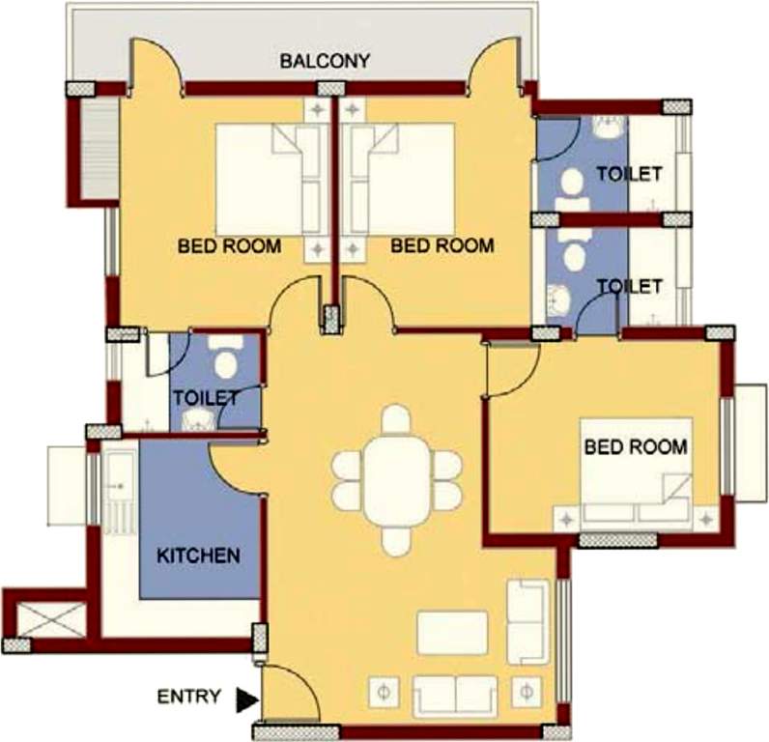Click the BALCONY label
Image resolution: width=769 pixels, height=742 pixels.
[325, 62]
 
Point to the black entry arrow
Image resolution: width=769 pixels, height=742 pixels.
[247, 699]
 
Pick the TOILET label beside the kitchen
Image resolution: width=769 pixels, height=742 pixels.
[206, 397]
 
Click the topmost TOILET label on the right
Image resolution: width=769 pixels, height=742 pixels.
[629, 174]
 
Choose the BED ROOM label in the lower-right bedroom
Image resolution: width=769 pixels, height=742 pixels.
[636, 447]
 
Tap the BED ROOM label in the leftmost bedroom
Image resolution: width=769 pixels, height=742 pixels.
[230, 245]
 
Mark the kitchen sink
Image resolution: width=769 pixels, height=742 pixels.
[119, 478]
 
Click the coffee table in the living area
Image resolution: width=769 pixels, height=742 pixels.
[452, 634]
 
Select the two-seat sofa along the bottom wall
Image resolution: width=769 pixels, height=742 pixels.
[455, 695]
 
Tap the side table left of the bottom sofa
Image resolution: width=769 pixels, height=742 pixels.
[384, 692]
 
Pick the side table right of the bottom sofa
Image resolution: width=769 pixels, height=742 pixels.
[526, 692]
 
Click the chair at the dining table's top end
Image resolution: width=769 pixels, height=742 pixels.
[396, 420]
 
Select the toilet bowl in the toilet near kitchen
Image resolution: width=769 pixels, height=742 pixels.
[224, 361]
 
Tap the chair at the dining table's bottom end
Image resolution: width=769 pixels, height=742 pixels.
[396, 540]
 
